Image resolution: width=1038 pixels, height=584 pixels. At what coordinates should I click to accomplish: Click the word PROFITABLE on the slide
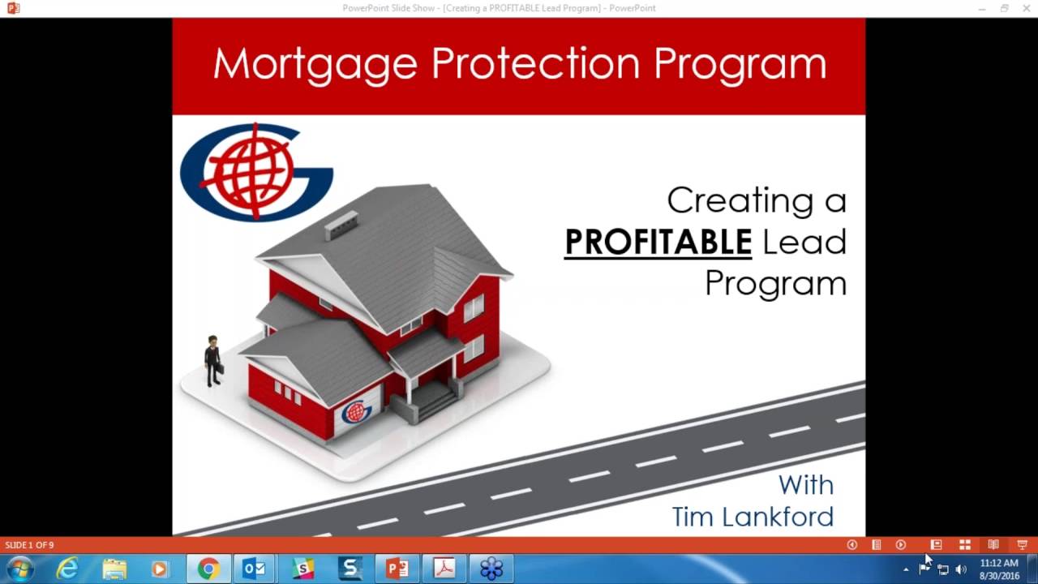click(658, 242)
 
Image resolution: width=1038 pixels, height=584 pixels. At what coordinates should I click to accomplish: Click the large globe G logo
click(256, 172)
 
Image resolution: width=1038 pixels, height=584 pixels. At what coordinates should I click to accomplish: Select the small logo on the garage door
click(356, 412)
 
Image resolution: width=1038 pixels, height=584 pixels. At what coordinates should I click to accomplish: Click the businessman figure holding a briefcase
click(213, 361)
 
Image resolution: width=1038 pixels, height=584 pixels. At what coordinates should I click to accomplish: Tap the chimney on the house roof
click(341, 224)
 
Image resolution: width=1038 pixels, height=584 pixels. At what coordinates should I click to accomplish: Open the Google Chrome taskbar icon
click(208, 569)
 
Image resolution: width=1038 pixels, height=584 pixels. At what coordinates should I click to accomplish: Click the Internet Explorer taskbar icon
click(67, 569)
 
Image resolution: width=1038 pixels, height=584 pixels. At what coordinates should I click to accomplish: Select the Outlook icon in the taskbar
click(255, 569)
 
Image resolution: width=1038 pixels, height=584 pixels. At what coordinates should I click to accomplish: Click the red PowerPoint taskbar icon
click(397, 569)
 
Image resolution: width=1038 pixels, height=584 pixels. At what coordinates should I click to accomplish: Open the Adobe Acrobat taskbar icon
click(444, 569)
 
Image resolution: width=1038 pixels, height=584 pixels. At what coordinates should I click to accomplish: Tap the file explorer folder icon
click(114, 569)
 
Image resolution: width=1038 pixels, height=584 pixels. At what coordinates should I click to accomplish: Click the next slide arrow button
click(900, 545)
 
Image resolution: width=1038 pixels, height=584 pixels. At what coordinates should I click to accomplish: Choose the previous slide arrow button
click(851, 545)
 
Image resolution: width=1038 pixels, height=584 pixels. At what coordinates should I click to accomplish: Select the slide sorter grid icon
click(965, 545)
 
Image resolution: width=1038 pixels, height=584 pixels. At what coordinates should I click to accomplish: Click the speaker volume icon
click(961, 569)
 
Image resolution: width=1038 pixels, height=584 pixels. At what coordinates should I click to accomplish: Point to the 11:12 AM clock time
click(998, 563)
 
